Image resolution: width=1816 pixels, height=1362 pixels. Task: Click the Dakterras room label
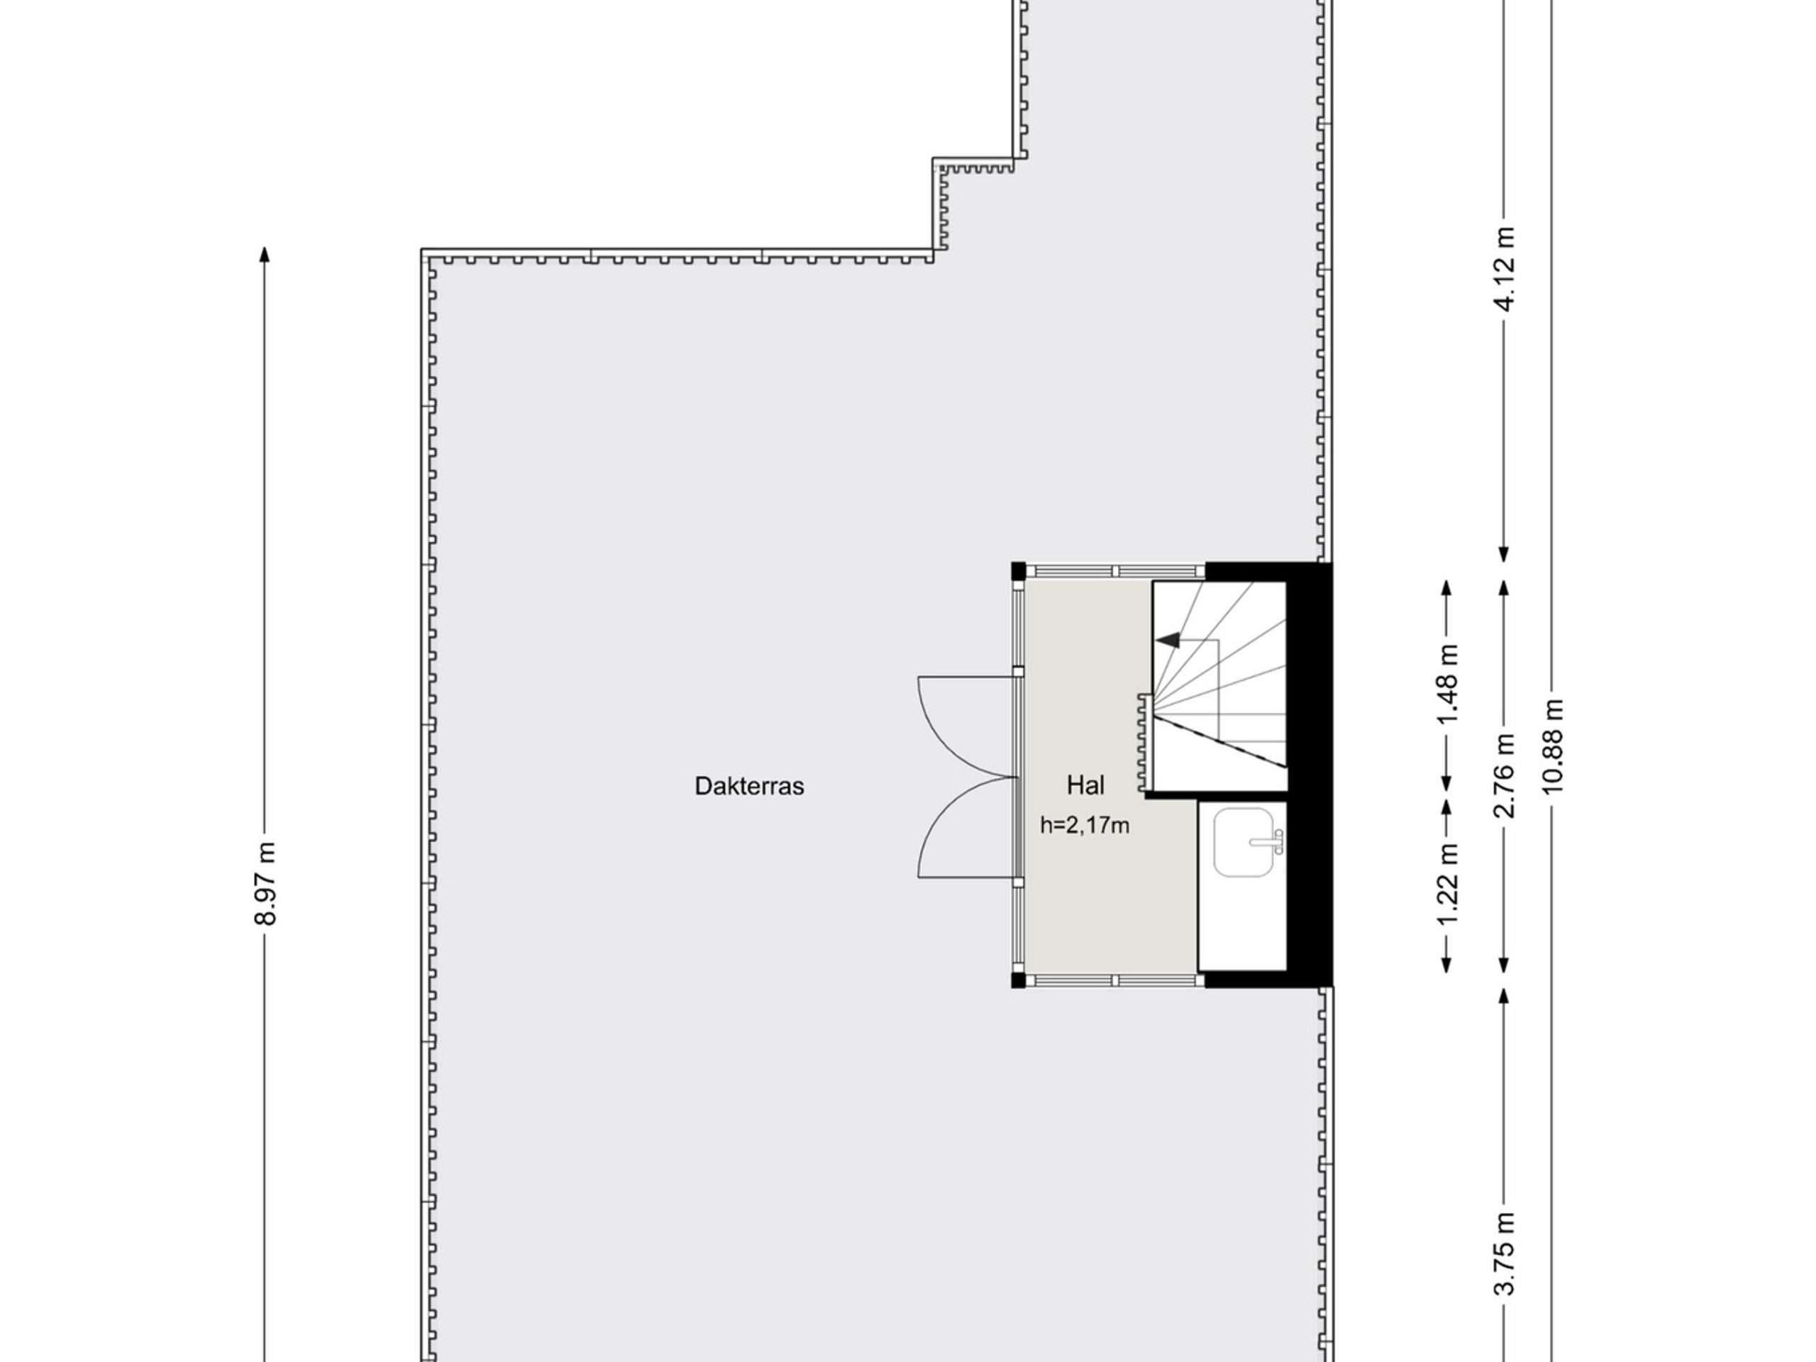[748, 786]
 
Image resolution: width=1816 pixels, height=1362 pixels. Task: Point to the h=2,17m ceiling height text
[1085, 825]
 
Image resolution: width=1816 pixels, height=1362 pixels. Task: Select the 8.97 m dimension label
[265, 882]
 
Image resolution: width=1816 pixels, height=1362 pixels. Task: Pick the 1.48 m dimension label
[1447, 685]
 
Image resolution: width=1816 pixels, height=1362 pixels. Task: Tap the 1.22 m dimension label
[1447, 884]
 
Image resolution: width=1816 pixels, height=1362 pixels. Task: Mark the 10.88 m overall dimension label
[1552, 746]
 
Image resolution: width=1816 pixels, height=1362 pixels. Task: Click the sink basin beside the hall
[1243, 841]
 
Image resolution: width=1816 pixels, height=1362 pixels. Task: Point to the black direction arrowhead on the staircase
[1168, 640]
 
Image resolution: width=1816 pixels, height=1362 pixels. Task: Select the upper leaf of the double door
[965, 726]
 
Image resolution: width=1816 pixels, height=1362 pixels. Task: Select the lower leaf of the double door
[965, 828]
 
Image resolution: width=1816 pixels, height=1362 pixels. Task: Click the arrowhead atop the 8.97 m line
[265, 254]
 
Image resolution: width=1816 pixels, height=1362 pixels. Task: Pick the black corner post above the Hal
[1018, 570]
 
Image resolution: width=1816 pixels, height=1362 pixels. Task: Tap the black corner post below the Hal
[1018, 980]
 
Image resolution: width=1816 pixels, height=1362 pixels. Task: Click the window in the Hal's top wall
[1116, 570]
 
